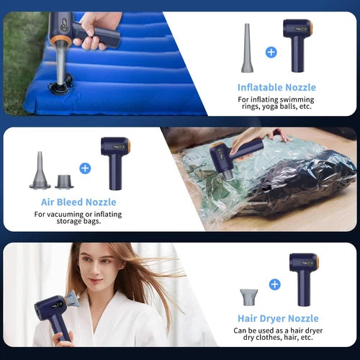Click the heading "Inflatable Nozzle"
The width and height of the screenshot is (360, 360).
(277, 88)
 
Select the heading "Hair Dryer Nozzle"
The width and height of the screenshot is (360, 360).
(278, 318)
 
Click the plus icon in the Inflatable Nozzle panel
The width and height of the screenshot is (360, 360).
(271, 52)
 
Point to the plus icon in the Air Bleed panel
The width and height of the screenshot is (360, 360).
(85, 168)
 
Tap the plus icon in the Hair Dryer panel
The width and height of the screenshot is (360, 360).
(274, 284)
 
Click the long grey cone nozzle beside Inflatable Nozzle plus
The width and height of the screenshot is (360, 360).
(246, 48)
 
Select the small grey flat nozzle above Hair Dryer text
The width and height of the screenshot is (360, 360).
(249, 296)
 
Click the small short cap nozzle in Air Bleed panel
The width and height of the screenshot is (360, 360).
(64, 181)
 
